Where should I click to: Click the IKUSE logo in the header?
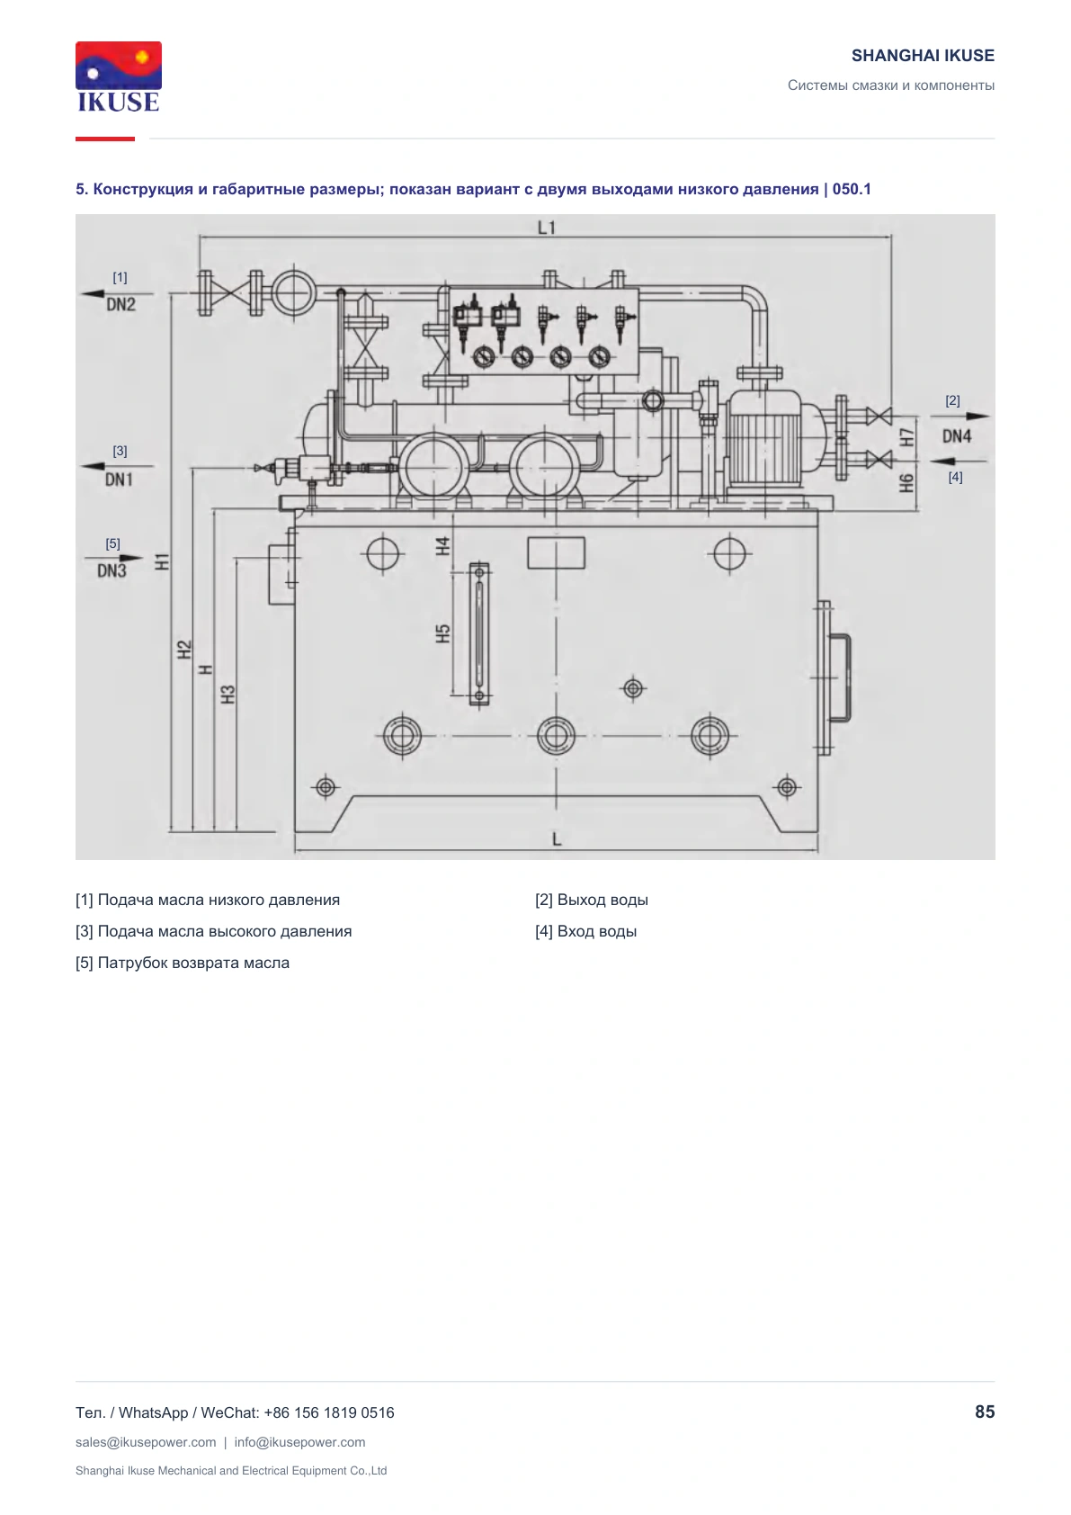pos(119,76)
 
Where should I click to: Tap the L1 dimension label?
pos(547,228)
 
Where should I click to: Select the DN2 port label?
pos(121,304)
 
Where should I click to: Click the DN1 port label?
pos(119,480)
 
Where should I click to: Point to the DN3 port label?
pos(112,571)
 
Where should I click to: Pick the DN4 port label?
pos(957,436)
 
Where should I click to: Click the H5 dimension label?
pos(442,633)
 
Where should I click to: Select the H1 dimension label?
pos(162,561)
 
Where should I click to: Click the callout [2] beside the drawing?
pos(952,400)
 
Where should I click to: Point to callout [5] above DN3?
pos(113,543)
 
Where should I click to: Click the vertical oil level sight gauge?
pos(479,633)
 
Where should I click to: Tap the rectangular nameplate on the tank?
pos(556,552)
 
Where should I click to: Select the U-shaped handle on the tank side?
pos(841,677)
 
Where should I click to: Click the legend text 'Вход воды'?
pos(597,931)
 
